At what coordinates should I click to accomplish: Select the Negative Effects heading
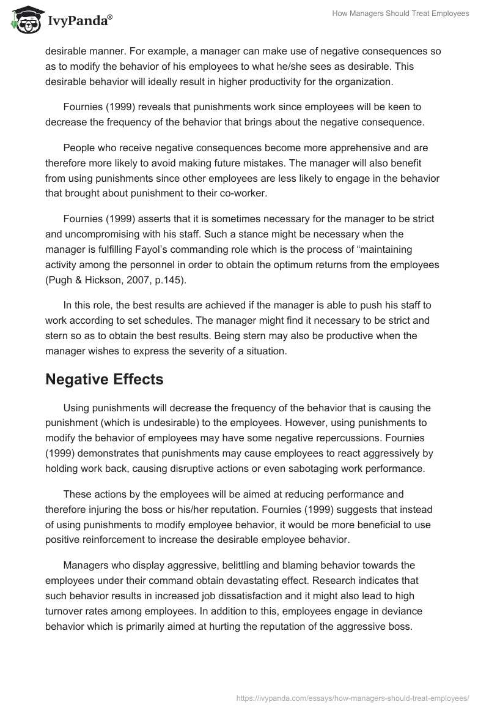[104, 379]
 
